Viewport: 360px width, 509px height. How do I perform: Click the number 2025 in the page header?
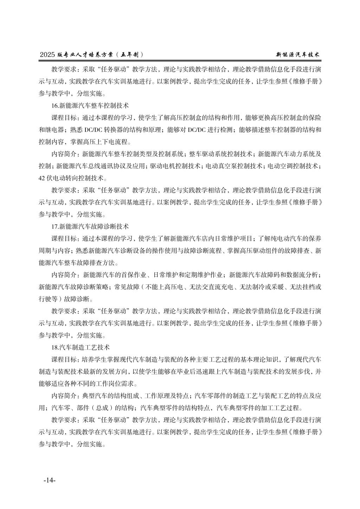click(47, 55)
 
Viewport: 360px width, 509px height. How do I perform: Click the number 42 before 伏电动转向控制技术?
click(42, 178)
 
